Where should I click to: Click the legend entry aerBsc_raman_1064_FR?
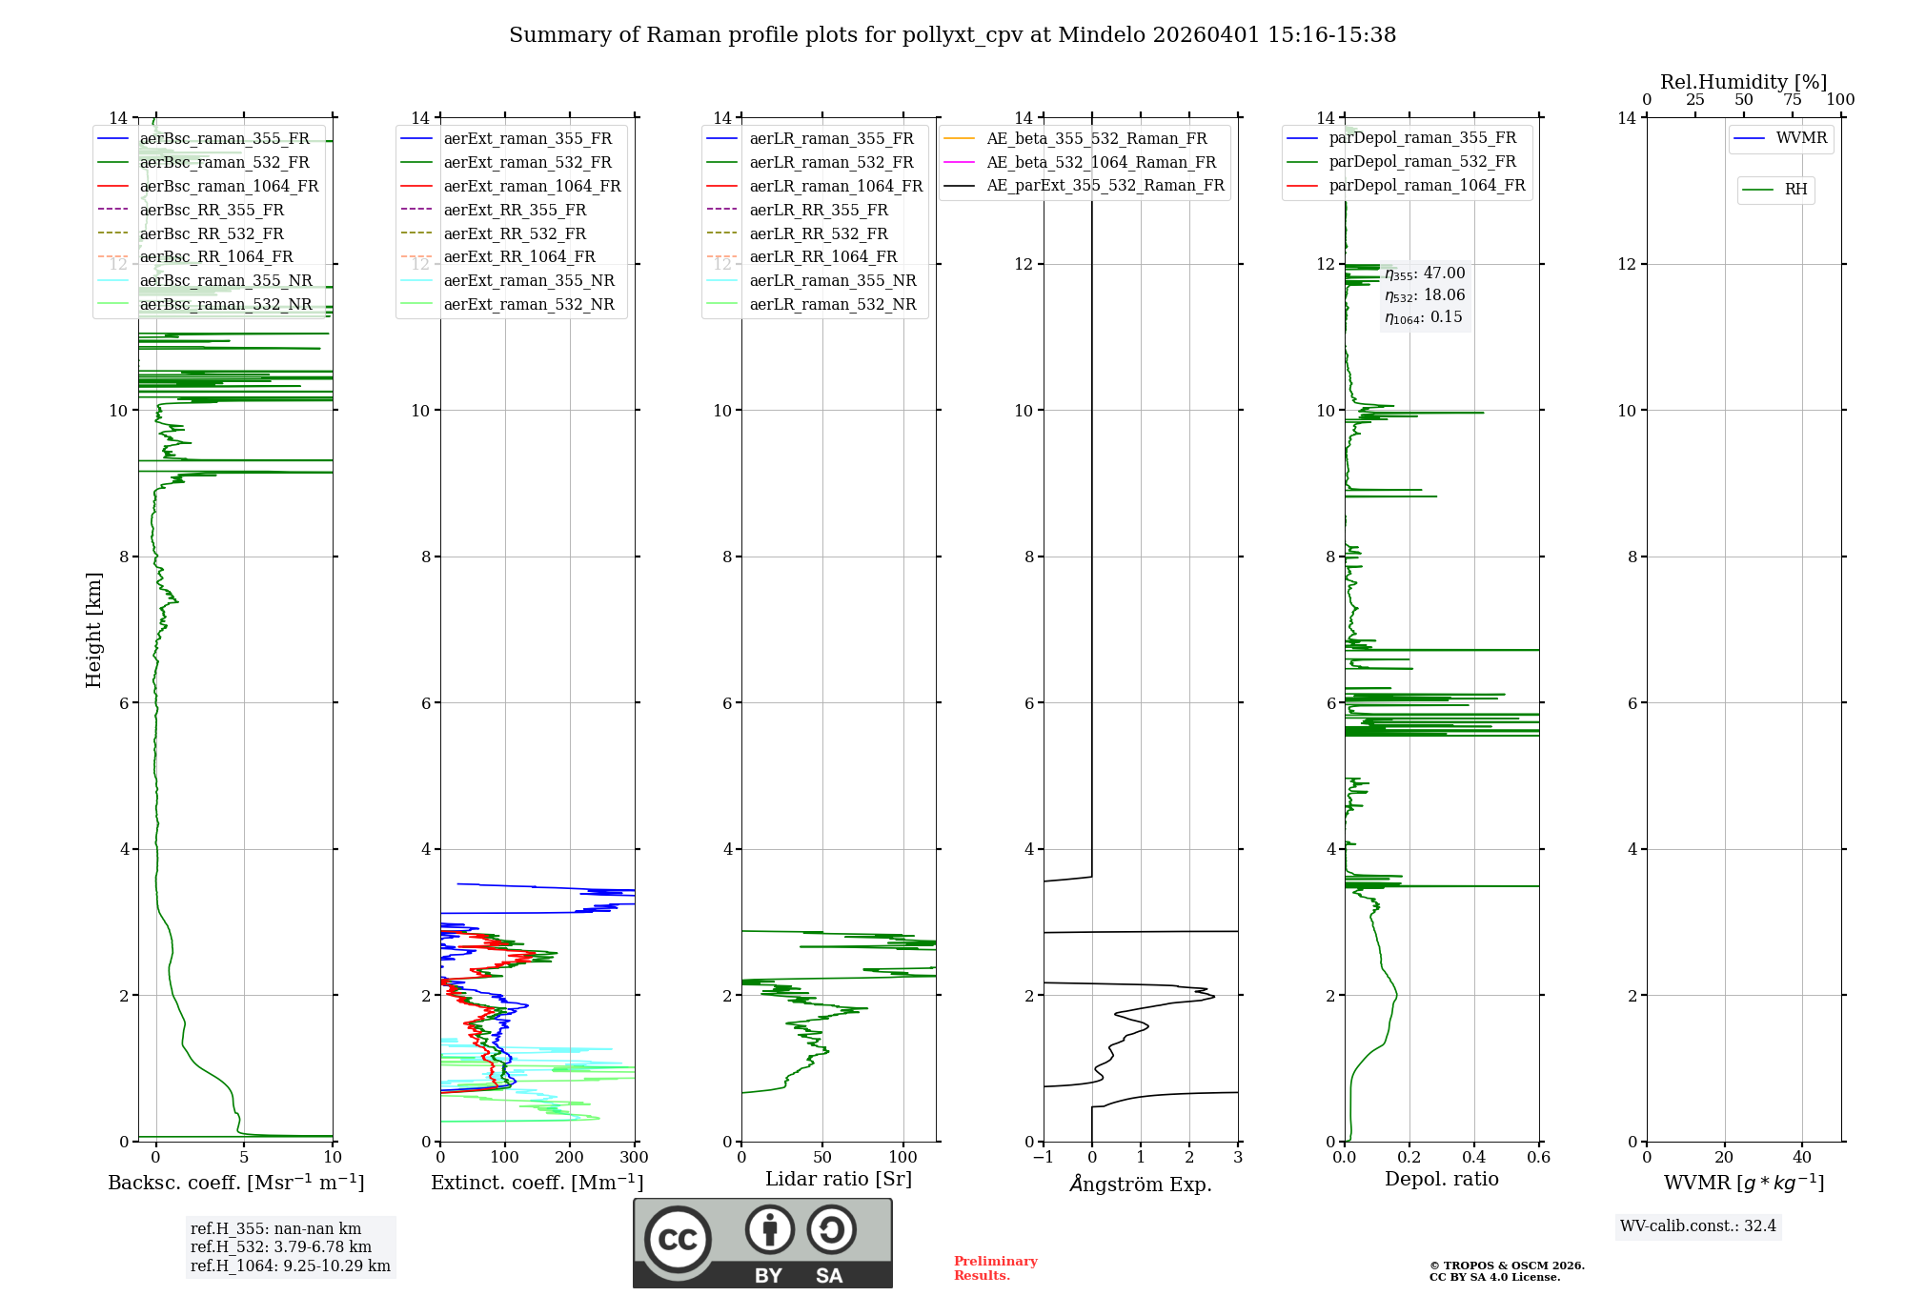point(229,186)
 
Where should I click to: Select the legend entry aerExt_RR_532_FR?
point(515,233)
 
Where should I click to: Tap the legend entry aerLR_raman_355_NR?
point(832,280)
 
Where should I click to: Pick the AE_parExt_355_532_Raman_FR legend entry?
point(1105,185)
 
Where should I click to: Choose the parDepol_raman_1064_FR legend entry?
point(1426,185)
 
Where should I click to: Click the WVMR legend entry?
point(1800,138)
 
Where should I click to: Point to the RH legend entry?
point(1795,190)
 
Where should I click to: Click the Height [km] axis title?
point(93,629)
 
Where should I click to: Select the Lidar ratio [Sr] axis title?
point(839,1179)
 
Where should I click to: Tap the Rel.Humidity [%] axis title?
point(1743,82)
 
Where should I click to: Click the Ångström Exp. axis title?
point(1141,1184)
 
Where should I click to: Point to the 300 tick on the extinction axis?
point(634,1158)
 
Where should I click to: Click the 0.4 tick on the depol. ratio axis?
point(1474,1158)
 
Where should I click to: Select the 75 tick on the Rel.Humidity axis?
point(1792,100)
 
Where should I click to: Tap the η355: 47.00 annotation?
point(1425,273)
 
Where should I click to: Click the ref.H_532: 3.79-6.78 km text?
point(281,1246)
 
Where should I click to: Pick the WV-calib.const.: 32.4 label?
point(1698,1225)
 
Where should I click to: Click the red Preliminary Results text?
point(995,1268)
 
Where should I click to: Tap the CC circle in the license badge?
point(678,1240)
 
